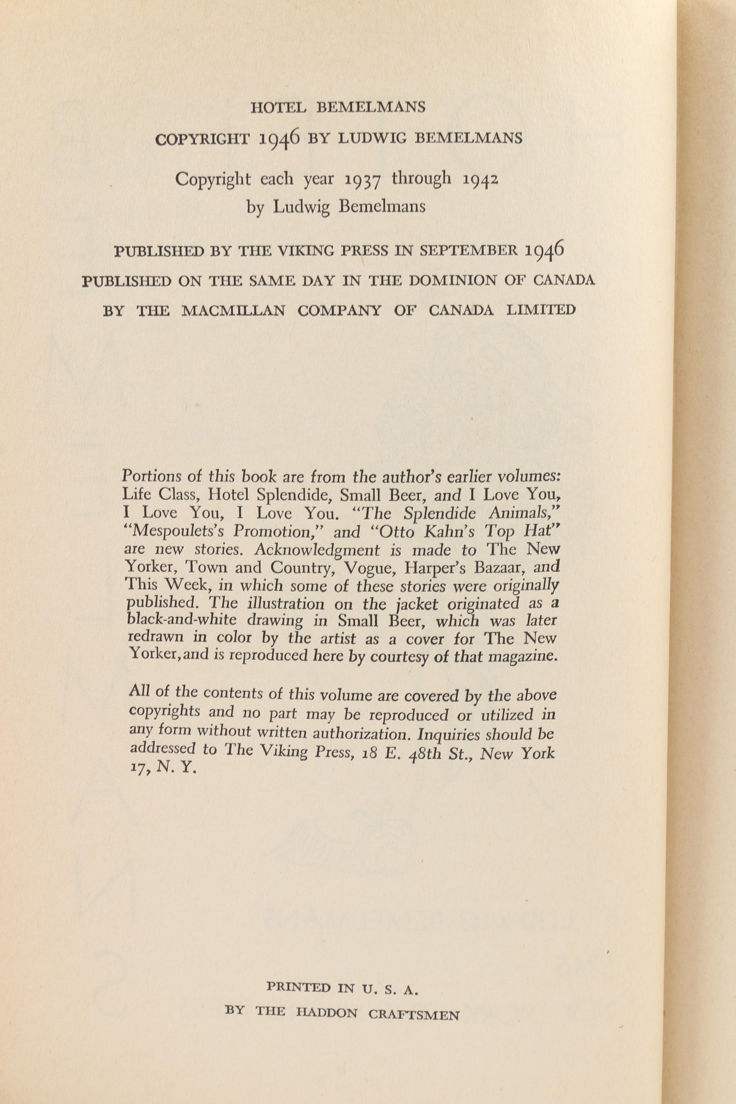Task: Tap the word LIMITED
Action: [x=541, y=310]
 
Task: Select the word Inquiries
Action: [x=448, y=733]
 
